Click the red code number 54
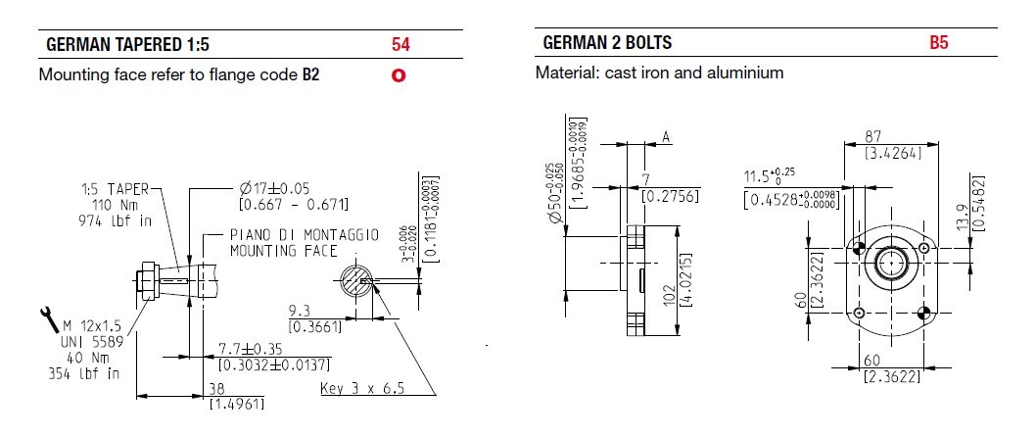click(x=400, y=44)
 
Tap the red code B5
click(x=940, y=44)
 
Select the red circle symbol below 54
click(x=399, y=75)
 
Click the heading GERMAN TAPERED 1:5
click(x=128, y=44)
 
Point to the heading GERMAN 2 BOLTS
click(x=606, y=44)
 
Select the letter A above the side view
click(x=666, y=138)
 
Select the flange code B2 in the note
click(x=311, y=73)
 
